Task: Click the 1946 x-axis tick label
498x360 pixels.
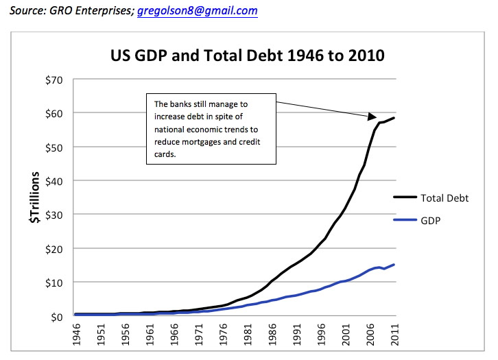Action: pos(78,337)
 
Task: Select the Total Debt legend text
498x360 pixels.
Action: pos(444,197)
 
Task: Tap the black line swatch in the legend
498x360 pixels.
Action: pos(405,197)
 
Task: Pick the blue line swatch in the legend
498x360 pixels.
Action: pos(405,220)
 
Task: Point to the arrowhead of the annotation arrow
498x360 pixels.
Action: pos(372,117)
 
